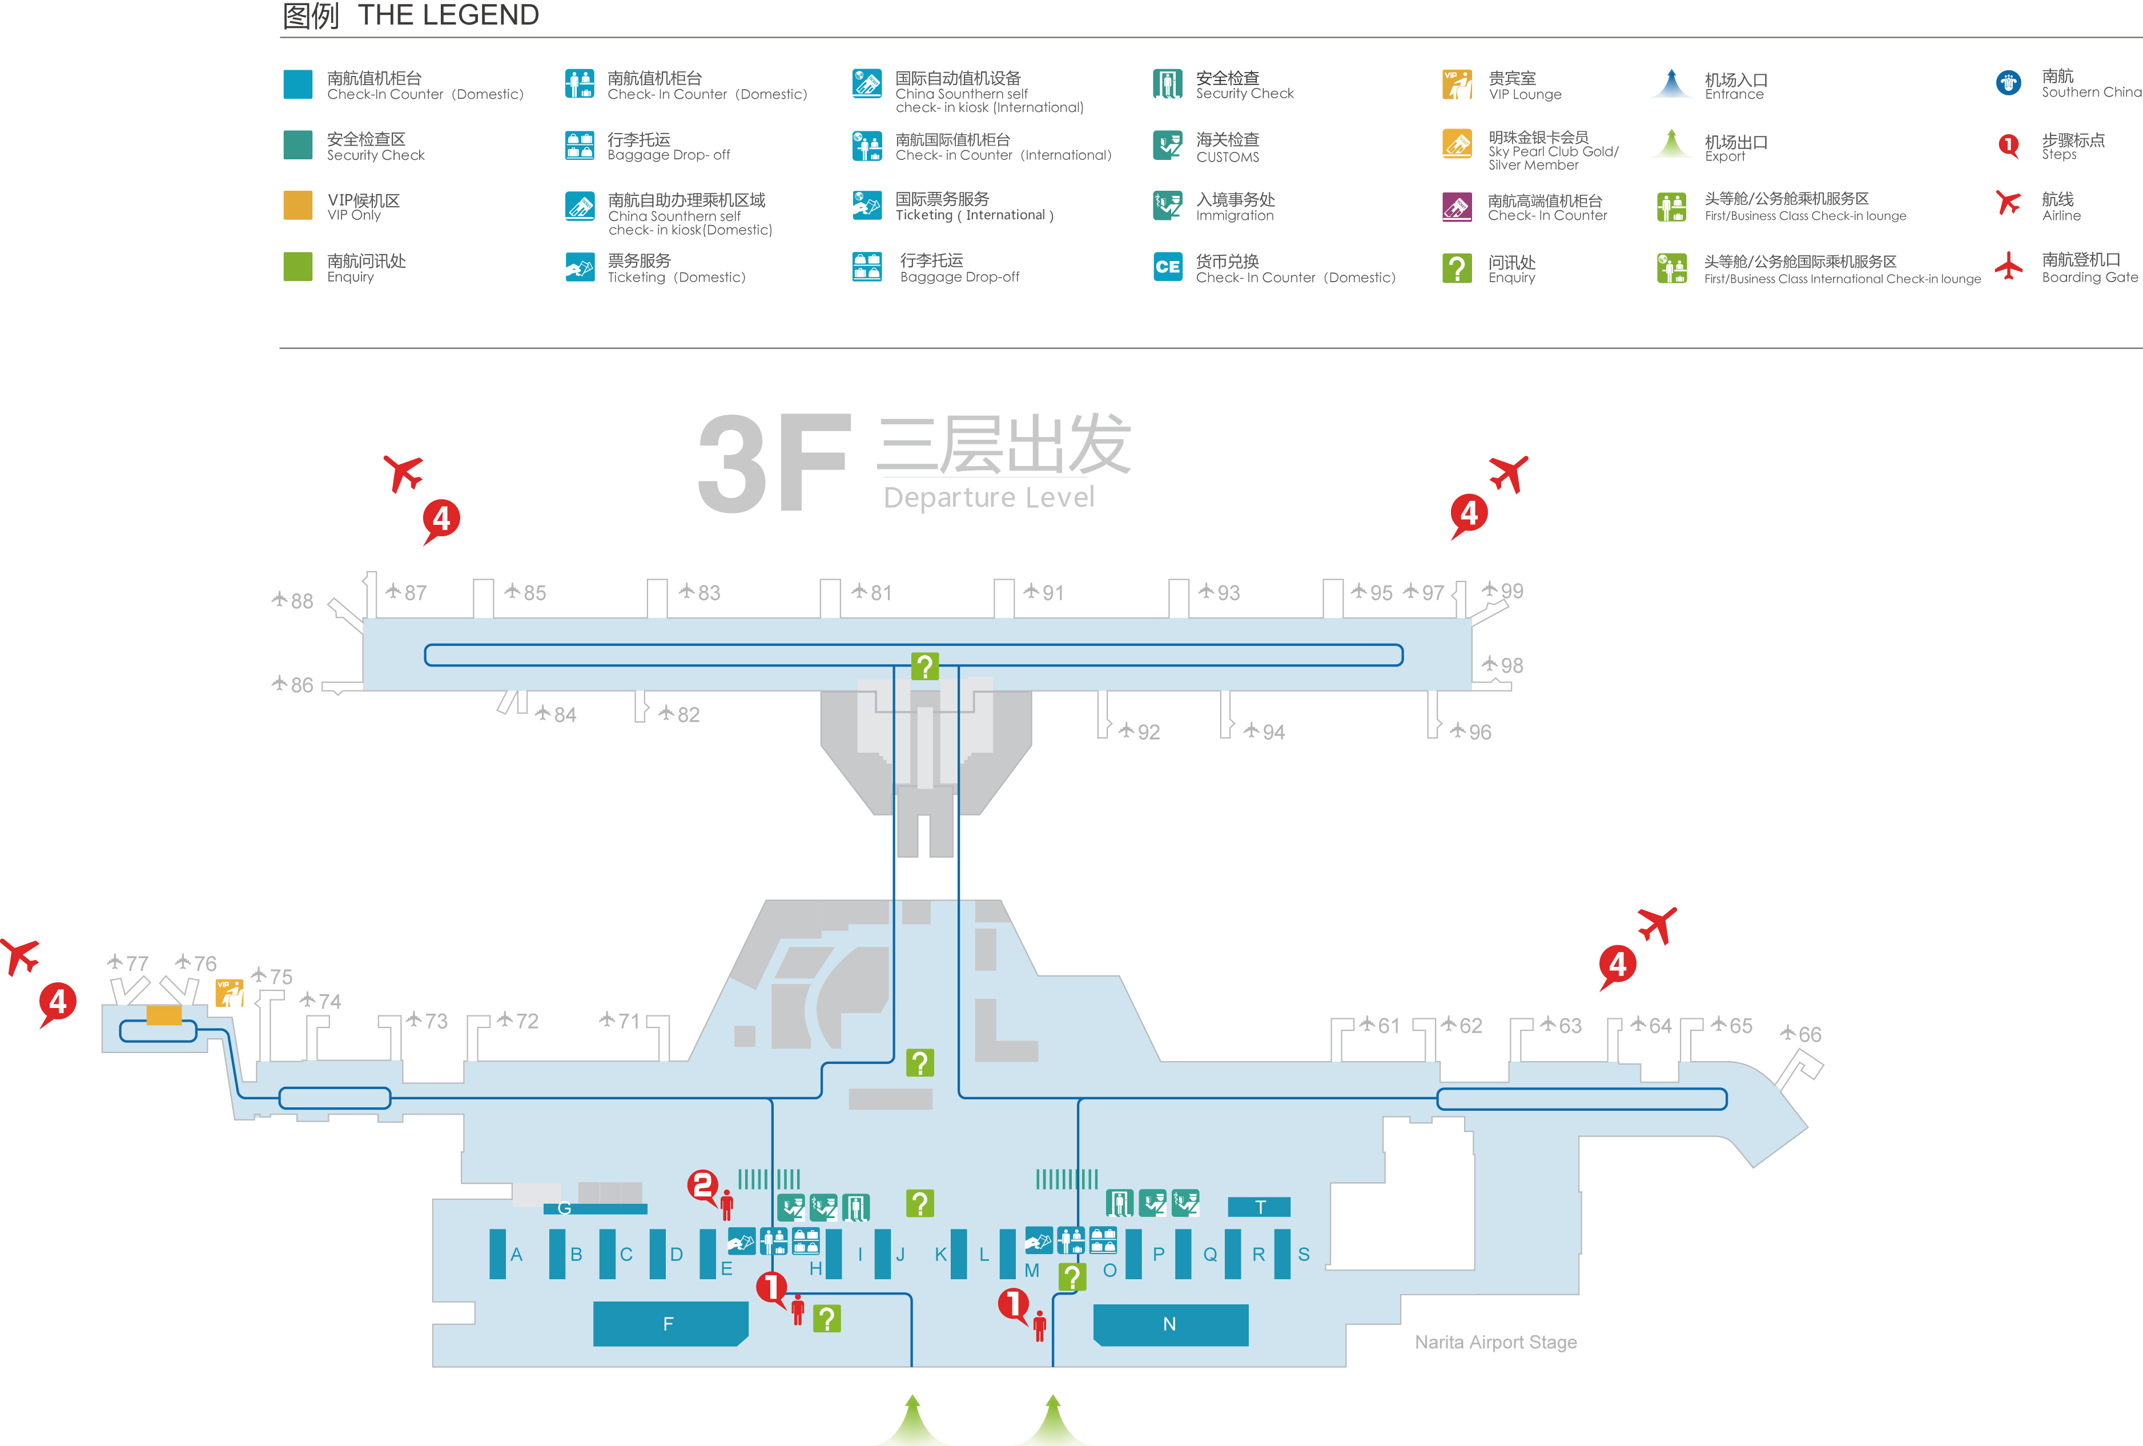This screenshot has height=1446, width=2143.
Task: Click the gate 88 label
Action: pos(294,601)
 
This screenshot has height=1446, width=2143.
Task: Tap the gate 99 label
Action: pos(1504,591)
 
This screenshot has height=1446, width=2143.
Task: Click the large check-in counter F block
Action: pos(669,1323)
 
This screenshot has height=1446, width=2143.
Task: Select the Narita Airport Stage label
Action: pos(1495,1343)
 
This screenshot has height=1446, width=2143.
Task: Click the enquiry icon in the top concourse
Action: pos(924,666)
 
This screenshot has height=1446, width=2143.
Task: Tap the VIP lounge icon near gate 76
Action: pos(228,993)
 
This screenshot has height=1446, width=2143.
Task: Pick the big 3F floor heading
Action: pos(773,464)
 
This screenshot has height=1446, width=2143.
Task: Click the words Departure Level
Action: pos(988,498)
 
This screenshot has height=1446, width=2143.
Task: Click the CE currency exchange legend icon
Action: pos(1167,267)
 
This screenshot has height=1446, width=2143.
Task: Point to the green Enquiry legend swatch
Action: pos(298,267)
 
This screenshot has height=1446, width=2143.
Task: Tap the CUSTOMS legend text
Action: pos(1227,158)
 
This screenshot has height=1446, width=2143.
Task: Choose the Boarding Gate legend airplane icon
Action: pos(2008,267)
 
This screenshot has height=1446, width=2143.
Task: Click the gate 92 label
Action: pos(1141,732)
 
